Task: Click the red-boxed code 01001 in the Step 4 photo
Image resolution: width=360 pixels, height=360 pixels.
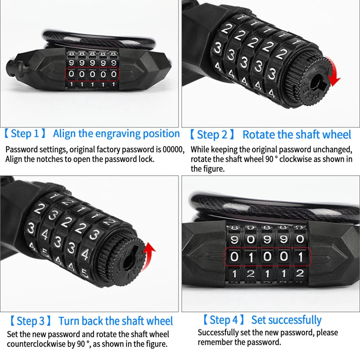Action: [x=267, y=257]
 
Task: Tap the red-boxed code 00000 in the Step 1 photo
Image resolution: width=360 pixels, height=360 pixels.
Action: [x=92, y=74]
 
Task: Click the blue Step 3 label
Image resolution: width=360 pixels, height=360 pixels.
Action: [x=31, y=321]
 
